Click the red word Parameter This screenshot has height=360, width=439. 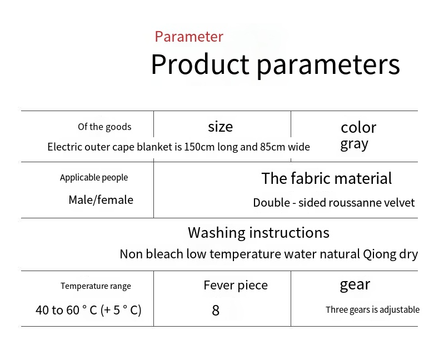pyautogui.click(x=189, y=37)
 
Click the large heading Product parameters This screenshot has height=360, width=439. pyautogui.click(x=276, y=64)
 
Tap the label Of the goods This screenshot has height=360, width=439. pyautogui.click(x=104, y=127)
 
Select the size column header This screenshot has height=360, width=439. pyautogui.click(x=221, y=127)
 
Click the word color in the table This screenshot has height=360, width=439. pyautogui.click(x=358, y=128)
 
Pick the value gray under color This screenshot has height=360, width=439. pyautogui.click(x=354, y=145)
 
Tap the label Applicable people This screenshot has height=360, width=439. pyautogui.click(x=94, y=177)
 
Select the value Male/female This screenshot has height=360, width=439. pyautogui.click(x=101, y=200)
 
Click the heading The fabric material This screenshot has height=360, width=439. pyautogui.click(x=326, y=178)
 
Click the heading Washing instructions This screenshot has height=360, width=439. pyautogui.click(x=258, y=233)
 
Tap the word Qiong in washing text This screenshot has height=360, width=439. pyautogui.click(x=380, y=254)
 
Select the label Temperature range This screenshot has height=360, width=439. pyautogui.click(x=96, y=286)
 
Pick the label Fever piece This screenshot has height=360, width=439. pyautogui.click(x=236, y=285)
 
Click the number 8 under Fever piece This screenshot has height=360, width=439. pyautogui.click(x=216, y=310)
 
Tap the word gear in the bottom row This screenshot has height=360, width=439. pyautogui.click(x=355, y=284)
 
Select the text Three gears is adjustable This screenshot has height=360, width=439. pyautogui.click(x=373, y=309)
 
